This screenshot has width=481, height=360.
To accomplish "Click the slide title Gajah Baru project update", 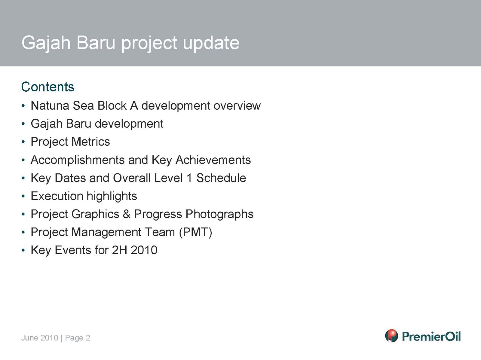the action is click(x=130, y=43).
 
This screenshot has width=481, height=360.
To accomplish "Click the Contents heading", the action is click(x=48, y=87).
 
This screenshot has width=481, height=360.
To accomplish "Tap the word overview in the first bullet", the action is click(x=237, y=106).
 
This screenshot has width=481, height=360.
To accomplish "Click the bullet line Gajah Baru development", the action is click(x=97, y=124).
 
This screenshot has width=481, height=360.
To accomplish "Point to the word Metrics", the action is click(x=90, y=142).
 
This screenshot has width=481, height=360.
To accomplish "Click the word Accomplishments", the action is click(x=78, y=160).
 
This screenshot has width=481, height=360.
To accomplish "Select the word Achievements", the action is click(x=213, y=160).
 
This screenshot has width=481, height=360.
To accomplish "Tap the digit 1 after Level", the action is click(x=189, y=178).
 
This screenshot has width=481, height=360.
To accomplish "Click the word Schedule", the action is click(x=221, y=178).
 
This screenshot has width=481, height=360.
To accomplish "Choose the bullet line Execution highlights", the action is click(x=84, y=196).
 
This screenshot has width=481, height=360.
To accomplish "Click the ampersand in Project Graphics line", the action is click(x=127, y=214).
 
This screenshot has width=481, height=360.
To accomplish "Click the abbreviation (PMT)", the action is click(x=195, y=232).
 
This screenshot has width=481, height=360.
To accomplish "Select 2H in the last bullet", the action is click(x=119, y=250).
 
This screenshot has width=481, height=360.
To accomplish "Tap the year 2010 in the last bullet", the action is click(x=144, y=250).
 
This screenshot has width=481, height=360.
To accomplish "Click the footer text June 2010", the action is click(x=40, y=338).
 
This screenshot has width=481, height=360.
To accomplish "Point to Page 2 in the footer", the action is click(x=78, y=338).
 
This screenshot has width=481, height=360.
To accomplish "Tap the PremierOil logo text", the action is click(x=431, y=336).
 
